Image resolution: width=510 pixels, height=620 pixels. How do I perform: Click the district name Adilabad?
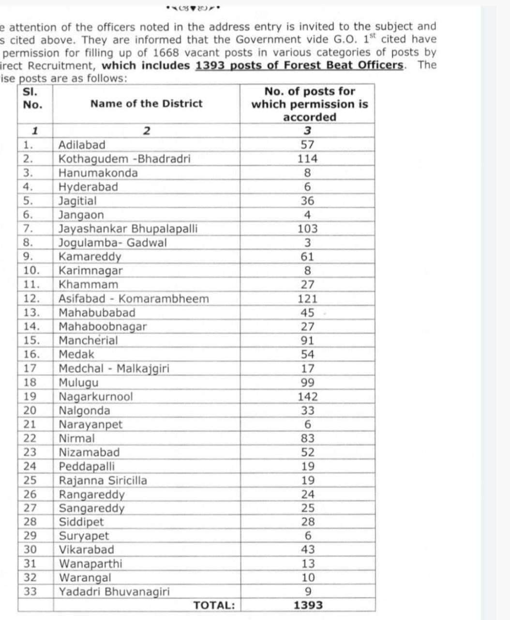[82, 144]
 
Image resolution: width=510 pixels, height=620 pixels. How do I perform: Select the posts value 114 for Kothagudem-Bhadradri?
[307, 158]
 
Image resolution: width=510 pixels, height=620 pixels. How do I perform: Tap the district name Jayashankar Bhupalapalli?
[128, 229]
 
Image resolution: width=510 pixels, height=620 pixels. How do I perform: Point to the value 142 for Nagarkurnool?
[307, 397]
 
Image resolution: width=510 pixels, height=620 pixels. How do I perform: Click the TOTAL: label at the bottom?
[214, 605]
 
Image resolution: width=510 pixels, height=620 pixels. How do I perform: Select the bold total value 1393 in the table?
[308, 605]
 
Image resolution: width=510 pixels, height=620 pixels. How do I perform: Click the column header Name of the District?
[146, 103]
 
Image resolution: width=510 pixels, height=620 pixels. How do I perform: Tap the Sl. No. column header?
[32, 98]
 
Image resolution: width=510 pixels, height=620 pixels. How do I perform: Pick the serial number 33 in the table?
[30, 591]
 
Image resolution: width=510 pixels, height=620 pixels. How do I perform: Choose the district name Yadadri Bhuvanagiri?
[114, 591]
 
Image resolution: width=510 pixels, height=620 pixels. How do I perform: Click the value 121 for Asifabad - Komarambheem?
[307, 299]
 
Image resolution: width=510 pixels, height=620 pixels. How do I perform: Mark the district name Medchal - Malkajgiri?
[114, 369]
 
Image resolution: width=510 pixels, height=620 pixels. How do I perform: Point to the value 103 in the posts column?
[307, 229]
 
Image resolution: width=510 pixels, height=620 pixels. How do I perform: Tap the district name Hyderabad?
[88, 187]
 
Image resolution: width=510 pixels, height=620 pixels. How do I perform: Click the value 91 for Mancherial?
[307, 341]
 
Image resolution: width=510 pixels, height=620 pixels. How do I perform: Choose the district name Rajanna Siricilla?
[103, 480]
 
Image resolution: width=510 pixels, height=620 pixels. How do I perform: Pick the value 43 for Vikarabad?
[307, 550]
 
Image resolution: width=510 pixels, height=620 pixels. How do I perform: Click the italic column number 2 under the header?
[146, 130]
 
